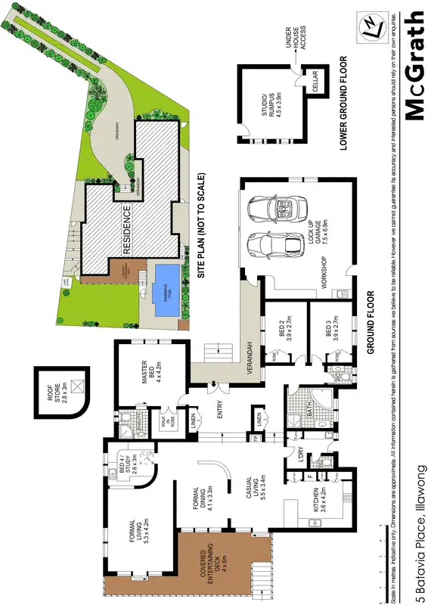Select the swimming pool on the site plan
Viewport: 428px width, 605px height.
click(161, 287)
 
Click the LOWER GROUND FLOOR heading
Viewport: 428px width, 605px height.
click(344, 103)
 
